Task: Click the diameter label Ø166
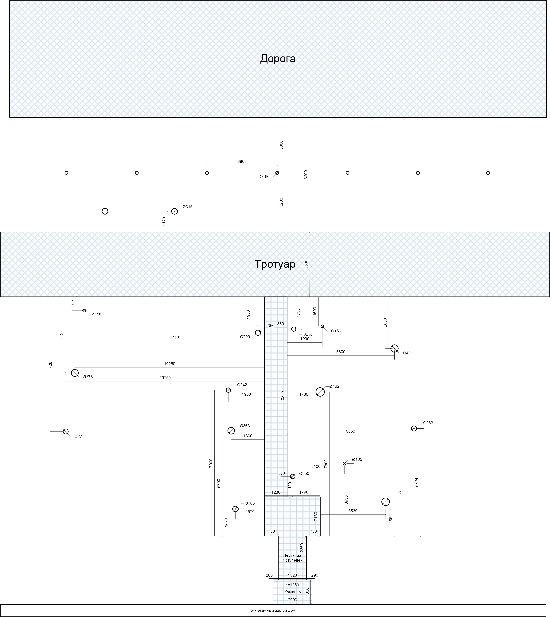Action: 264,177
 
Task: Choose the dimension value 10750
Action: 165,378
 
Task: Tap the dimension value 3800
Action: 242,162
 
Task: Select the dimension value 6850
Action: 351,431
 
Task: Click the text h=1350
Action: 292,585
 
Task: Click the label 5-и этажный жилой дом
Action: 273,610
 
